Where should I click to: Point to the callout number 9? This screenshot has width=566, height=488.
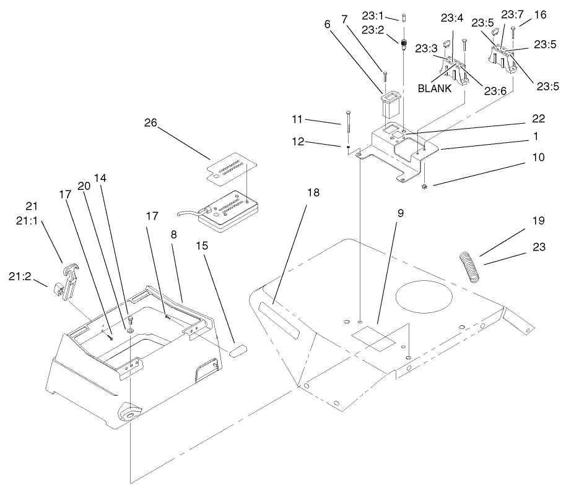[x=401, y=213]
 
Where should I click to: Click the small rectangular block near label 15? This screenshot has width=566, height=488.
[x=238, y=351]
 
